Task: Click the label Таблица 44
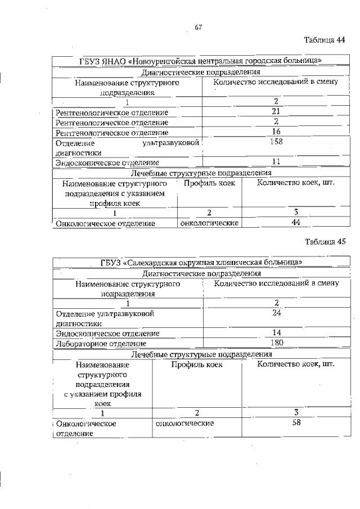325,40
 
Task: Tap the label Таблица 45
325,242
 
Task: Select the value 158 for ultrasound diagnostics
276,142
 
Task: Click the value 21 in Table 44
276,111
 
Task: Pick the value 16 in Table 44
276,132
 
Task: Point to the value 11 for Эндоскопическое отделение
276,162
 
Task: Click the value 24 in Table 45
276,313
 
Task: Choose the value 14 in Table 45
276,332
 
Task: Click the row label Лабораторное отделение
101,343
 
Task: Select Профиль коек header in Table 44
209,183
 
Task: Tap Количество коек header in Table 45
295,364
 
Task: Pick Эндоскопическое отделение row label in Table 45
107,333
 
